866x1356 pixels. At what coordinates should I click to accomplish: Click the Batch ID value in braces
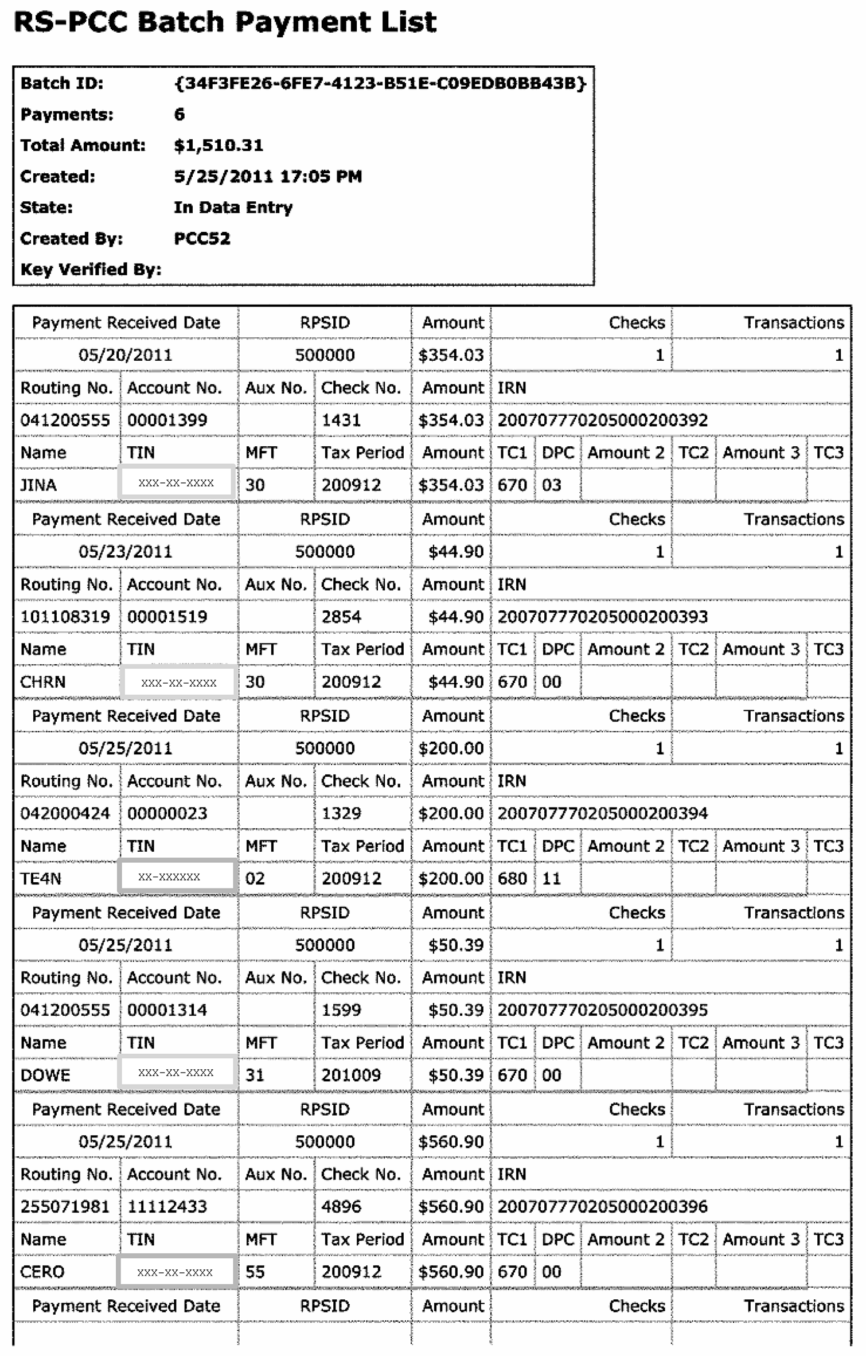click(x=380, y=83)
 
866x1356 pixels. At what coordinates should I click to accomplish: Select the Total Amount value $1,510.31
click(x=219, y=145)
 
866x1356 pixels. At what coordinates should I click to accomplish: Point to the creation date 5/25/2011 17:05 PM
click(x=268, y=176)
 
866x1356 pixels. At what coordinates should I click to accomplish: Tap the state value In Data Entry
click(x=233, y=207)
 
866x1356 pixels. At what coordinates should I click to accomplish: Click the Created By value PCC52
click(x=202, y=238)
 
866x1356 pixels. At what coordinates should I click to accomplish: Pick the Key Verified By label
click(x=91, y=269)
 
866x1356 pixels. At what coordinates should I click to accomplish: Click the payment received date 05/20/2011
click(x=125, y=355)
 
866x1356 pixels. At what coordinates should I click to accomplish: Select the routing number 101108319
click(x=65, y=617)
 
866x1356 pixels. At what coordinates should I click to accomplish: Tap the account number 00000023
click(x=167, y=813)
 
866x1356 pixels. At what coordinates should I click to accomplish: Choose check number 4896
click(x=341, y=1206)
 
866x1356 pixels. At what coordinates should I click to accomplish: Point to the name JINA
click(x=38, y=485)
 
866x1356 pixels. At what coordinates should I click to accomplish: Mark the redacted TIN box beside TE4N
click(x=177, y=876)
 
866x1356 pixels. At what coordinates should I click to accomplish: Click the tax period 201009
click(x=351, y=1075)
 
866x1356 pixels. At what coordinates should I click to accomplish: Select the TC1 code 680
click(x=512, y=878)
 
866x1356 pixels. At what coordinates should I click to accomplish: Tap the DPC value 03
click(x=551, y=485)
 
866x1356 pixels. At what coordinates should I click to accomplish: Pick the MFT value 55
click(x=255, y=1272)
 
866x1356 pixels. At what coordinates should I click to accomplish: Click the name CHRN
click(x=43, y=682)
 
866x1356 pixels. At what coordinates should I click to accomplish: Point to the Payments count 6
click(x=180, y=114)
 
